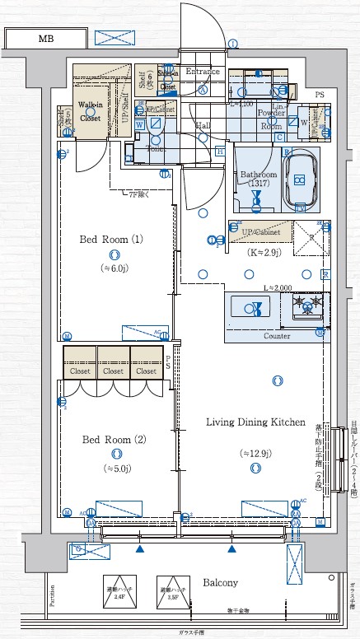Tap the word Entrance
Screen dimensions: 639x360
[x=203, y=72]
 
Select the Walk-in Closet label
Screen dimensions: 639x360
[x=90, y=112]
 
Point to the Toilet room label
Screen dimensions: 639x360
[x=157, y=149]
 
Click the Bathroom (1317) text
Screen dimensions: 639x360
[x=257, y=180]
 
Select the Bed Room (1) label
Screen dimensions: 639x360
[x=111, y=240]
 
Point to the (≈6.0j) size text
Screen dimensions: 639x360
[x=118, y=268]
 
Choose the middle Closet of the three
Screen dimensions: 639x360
[x=113, y=371]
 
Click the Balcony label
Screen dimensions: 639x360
[x=220, y=583]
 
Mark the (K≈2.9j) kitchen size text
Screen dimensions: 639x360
[x=265, y=253]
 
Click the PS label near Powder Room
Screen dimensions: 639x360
[x=318, y=95]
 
